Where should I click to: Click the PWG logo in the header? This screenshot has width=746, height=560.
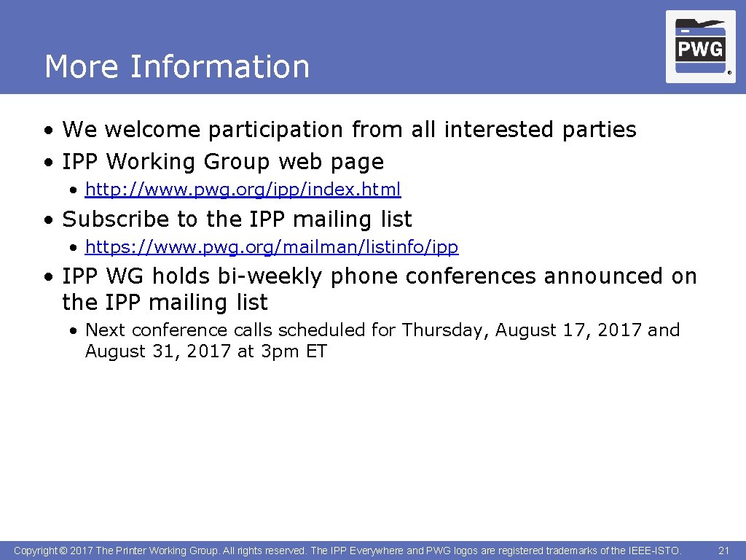click(x=700, y=47)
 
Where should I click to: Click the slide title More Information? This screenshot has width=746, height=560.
click(x=177, y=66)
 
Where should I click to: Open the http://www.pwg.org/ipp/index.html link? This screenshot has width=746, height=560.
click(x=243, y=190)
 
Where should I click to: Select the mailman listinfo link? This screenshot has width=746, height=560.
click(x=272, y=247)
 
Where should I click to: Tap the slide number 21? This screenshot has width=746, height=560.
click(x=723, y=551)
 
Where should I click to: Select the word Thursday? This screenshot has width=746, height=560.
click(x=444, y=330)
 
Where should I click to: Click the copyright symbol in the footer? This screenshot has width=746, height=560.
click(x=63, y=551)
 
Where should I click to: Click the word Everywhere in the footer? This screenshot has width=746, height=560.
click(x=377, y=551)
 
